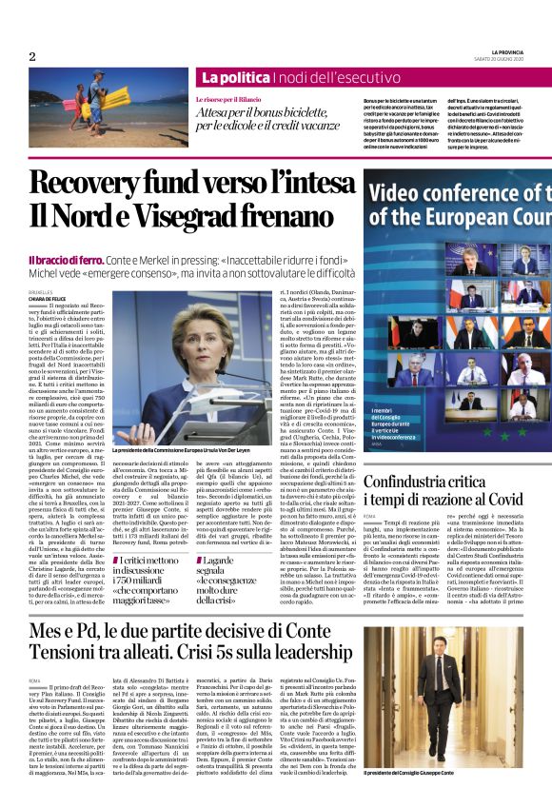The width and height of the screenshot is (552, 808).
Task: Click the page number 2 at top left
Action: (32, 56)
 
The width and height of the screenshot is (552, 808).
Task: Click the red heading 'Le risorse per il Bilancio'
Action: (232, 99)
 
